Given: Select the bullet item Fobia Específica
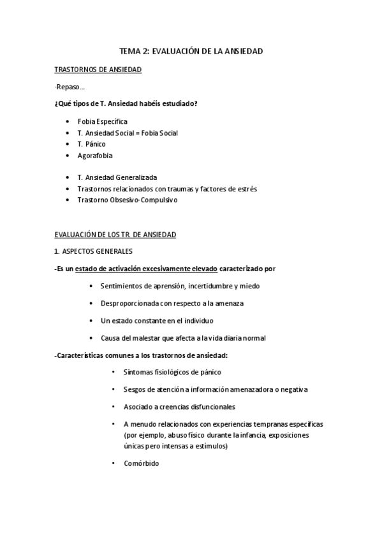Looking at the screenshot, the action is click(x=102, y=121).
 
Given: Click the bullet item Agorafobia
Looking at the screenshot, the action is click(x=94, y=156).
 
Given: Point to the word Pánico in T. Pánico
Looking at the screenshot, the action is click(x=96, y=144).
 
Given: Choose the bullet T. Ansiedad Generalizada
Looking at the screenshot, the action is click(x=117, y=177).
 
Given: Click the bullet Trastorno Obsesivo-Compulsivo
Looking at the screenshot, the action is click(x=127, y=200).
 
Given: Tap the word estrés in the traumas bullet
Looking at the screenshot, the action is click(x=247, y=189).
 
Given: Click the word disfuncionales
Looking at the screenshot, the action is click(x=211, y=406).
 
